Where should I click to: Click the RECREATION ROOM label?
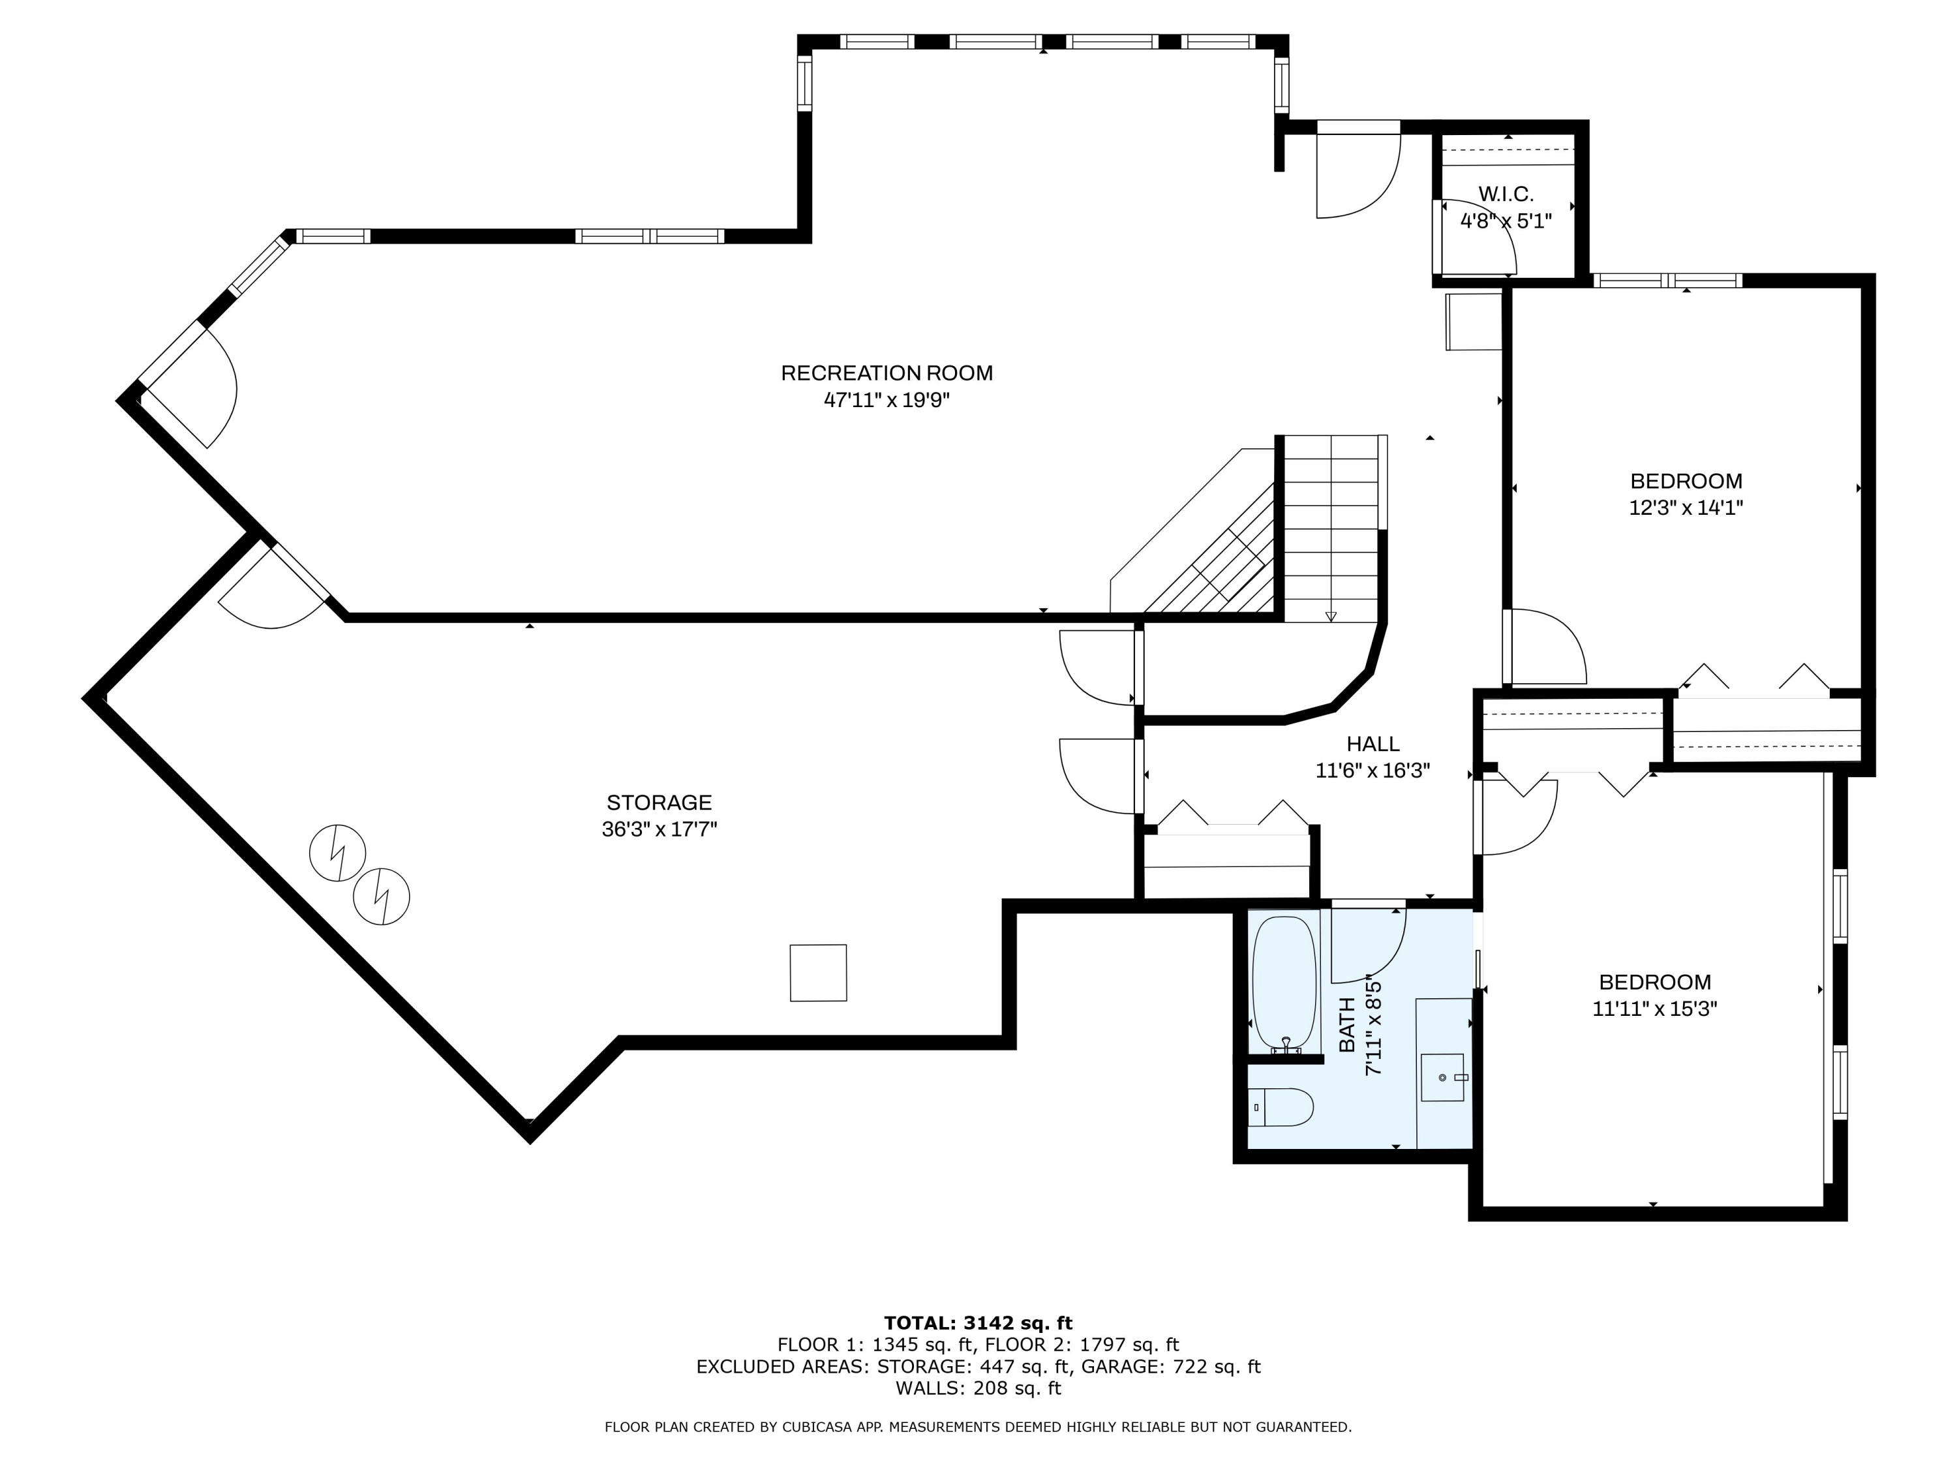coord(887,373)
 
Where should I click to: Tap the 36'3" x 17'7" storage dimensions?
coord(659,829)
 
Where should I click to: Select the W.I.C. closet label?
coord(1506,194)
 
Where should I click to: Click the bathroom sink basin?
coord(1442,1078)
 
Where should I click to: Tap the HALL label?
coord(1373,744)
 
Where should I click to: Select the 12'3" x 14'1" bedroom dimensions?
coord(1686,508)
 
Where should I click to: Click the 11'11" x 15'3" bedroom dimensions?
coord(1654,1009)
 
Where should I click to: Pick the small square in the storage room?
coord(819,973)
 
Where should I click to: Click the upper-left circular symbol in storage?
coord(337,853)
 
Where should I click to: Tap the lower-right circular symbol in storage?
coord(382,897)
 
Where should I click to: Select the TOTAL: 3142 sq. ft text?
coord(978,1323)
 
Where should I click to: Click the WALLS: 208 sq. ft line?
coord(978,1388)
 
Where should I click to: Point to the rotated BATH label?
coord(1346,1025)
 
